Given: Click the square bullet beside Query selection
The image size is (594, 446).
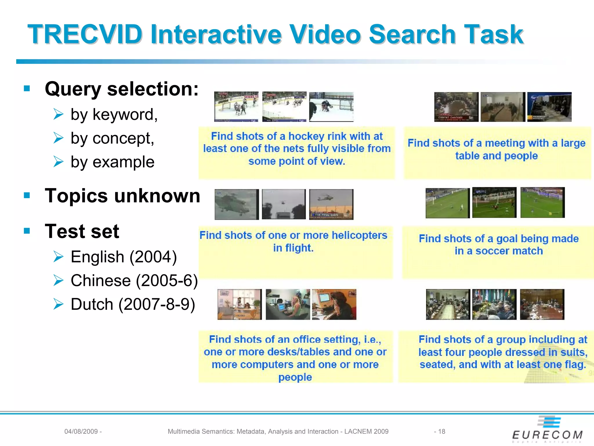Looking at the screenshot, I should click(x=27, y=88).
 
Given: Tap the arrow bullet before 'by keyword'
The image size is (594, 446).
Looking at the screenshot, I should click(x=58, y=114).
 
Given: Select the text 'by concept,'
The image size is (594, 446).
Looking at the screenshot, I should click(x=112, y=138).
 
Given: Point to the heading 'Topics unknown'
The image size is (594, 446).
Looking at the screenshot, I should click(x=122, y=196).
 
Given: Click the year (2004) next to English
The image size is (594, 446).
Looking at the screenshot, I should click(x=153, y=257).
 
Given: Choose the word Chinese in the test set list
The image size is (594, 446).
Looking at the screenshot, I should click(x=101, y=281).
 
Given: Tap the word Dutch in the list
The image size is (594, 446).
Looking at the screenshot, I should click(x=92, y=305).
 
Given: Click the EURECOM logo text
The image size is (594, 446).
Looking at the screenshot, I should click(x=547, y=435).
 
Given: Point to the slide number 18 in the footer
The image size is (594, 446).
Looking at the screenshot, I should click(x=441, y=431).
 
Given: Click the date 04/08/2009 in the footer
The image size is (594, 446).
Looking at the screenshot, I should click(x=81, y=431).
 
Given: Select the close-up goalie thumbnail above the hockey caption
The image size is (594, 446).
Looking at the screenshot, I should click(x=331, y=107).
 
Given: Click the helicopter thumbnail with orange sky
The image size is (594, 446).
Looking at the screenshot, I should click(x=331, y=204).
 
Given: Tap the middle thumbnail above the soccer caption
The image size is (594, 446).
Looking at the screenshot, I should click(x=494, y=202).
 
